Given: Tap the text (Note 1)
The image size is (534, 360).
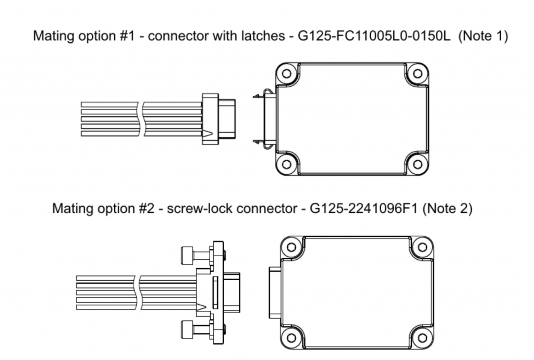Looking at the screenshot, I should [483, 37].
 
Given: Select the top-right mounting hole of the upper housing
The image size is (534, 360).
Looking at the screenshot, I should [417, 74].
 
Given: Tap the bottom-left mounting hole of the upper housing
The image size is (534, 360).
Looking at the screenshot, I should [286, 164].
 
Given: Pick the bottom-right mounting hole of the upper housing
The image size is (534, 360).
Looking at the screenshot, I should [417, 164].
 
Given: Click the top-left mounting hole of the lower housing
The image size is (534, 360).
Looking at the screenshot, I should [292, 247].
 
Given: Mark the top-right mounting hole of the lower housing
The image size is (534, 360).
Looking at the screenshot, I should [421, 247].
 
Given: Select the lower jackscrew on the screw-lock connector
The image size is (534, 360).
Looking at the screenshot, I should [193, 329].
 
